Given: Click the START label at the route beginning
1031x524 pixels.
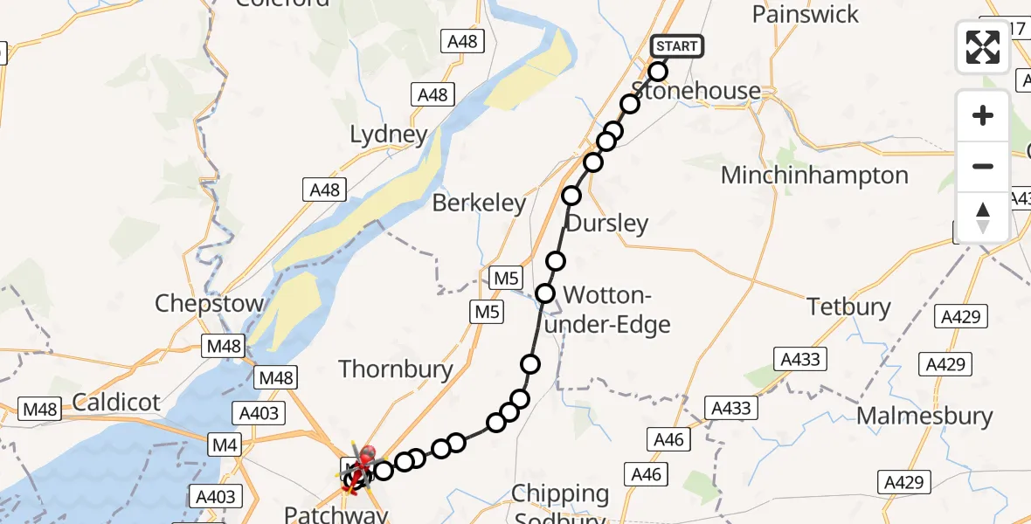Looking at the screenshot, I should click(x=676, y=46).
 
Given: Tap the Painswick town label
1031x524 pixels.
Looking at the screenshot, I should click(x=806, y=15).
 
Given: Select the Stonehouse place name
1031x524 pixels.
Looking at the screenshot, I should click(x=695, y=91).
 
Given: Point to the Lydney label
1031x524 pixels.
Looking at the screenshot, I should click(x=389, y=134).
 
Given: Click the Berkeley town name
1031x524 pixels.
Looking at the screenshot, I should click(x=480, y=203).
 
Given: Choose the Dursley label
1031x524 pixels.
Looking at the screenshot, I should click(x=607, y=224).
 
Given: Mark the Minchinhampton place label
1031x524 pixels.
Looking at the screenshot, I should click(x=814, y=176).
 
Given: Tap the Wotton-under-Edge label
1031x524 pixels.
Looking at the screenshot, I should click(x=617, y=309).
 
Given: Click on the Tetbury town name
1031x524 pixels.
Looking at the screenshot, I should click(x=848, y=307).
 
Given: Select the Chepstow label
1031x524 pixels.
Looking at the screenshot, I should click(x=210, y=304).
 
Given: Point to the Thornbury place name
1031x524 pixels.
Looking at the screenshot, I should click(x=396, y=369).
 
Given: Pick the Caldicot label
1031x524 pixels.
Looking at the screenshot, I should click(x=116, y=402).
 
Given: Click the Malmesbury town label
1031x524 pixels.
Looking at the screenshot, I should click(x=924, y=416).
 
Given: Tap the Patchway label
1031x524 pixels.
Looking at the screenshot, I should click(x=336, y=514).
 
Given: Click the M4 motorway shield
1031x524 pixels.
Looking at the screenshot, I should click(x=225, y=446).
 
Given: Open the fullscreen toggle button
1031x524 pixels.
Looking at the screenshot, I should click(x=983, y=47).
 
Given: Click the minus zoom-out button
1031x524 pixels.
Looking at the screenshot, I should click(x=983, y=166).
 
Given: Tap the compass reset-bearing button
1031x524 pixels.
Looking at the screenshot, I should click(x=983, y=217).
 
